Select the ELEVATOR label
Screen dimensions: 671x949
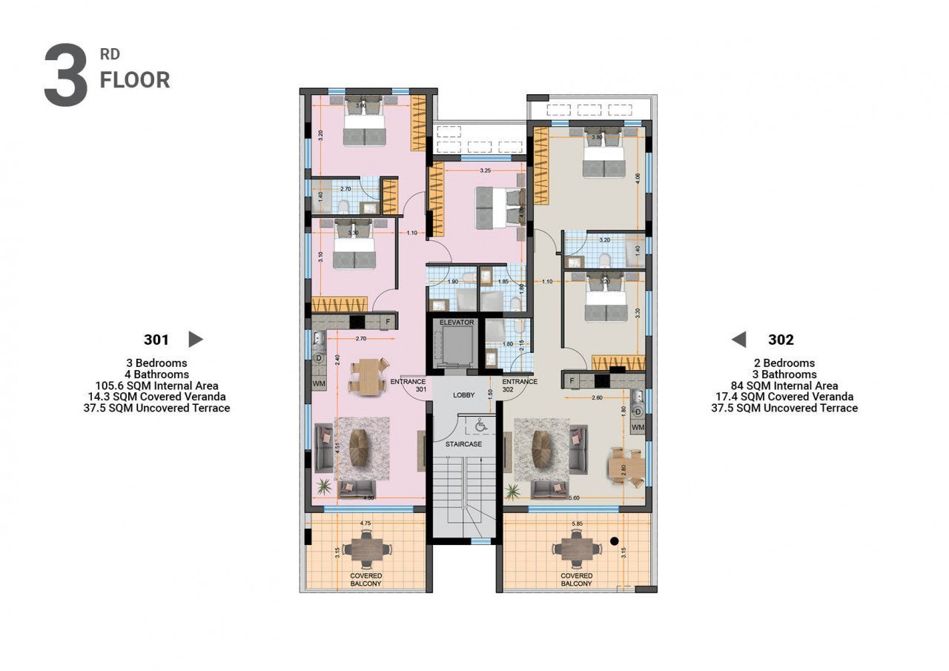[x=456, y=323]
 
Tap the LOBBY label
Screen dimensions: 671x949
[x=464, y=395]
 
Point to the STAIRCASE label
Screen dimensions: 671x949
[x=463, y=444]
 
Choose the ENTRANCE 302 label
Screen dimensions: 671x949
[x=519, y=385]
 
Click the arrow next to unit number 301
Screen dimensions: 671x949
[x=196, y=340]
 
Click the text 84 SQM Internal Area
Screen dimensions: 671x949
[x=784, y=386]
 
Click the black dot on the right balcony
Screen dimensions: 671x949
[x=614, y=540]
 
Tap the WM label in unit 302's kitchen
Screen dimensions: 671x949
[x=638, y=427]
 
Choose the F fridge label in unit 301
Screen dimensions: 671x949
[x=387, y=322]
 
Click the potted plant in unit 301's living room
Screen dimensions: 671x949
[x=324, y=486]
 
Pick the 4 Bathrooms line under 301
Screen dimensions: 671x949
[x=156, y=374]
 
